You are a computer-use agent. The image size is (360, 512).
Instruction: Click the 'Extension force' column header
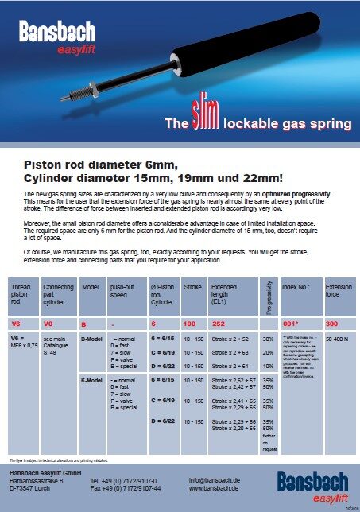[x=338, y=290]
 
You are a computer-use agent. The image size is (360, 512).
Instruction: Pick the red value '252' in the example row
[x=216, y=325]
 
